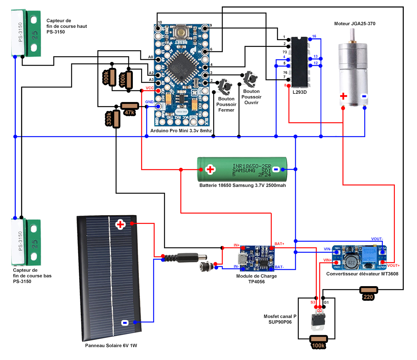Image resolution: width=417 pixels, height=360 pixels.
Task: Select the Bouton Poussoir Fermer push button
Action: [x=227, y=87]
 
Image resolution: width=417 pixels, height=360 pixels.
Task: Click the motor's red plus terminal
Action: [x=343, y=96]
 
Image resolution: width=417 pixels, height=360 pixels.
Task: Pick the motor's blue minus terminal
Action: [x=364, y=96]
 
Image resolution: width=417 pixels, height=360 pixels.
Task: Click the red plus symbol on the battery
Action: [x=211, y=169]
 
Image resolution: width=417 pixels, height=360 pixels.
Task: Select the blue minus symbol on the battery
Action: [x=275, y=169]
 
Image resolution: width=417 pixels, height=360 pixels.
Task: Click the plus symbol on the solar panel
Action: [x=120, y=225]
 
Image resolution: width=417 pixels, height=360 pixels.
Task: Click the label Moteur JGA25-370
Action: [x=355, y=24]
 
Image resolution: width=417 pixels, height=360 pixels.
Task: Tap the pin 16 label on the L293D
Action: [x=314, y=36]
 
